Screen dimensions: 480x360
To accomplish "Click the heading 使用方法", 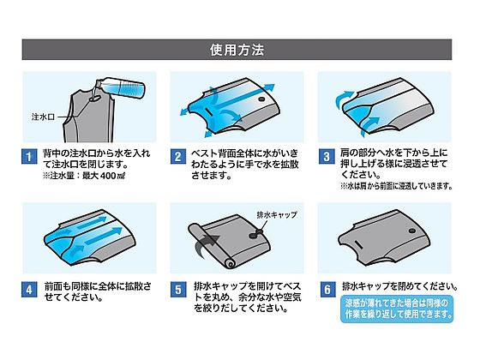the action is [237, 50].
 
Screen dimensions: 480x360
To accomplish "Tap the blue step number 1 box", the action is [29, 157].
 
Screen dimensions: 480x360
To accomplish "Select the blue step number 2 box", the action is [178, 157].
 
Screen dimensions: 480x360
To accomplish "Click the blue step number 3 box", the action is [327, 157].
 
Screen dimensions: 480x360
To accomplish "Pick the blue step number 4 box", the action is [29, 290].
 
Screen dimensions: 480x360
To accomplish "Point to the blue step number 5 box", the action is [178, 290].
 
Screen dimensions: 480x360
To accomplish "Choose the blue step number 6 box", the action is [327, 290].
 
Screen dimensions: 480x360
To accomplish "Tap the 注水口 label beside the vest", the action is [43, 117].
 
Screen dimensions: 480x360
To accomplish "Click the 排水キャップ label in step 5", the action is [277, 215].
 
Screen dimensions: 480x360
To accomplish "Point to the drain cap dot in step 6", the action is [412, 231].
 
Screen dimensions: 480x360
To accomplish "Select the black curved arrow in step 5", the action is [207, 244].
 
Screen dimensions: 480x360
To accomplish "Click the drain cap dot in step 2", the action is [261, 99].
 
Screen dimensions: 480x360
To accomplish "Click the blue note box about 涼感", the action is [397, 309].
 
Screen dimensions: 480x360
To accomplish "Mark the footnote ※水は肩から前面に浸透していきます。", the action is [396, 186].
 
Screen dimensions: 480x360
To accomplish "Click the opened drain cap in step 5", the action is [256, 234].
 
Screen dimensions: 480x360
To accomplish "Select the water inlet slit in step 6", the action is [358, 245].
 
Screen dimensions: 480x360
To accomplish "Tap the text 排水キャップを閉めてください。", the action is [400, 286].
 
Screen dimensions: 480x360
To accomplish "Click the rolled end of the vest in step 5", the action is [230, 262].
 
